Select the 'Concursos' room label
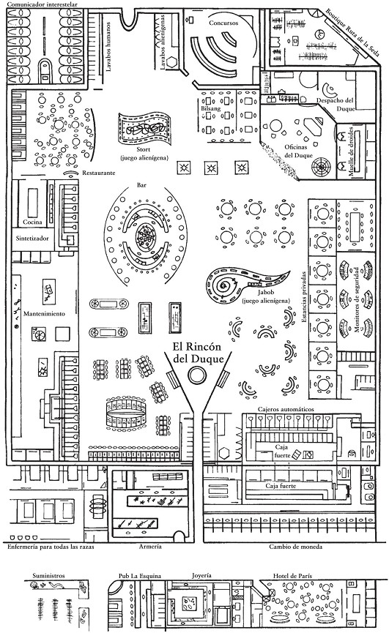tap(223, 23)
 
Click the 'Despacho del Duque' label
tap(336, 104)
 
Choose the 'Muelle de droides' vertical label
tap(352, 150)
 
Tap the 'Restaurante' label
tap(99, 173)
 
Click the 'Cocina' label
tap(32, 222)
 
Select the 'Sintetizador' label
tap(32, 238)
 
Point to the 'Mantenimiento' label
tap(44, 314)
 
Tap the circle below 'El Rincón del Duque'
tap(197, 375)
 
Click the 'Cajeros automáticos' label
tap(286, 409)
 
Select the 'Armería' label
tap(150, 547)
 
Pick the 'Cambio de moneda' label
tap(296, 547)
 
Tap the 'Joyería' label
tap(201, 576)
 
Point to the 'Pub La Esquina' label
tap(140, 576)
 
